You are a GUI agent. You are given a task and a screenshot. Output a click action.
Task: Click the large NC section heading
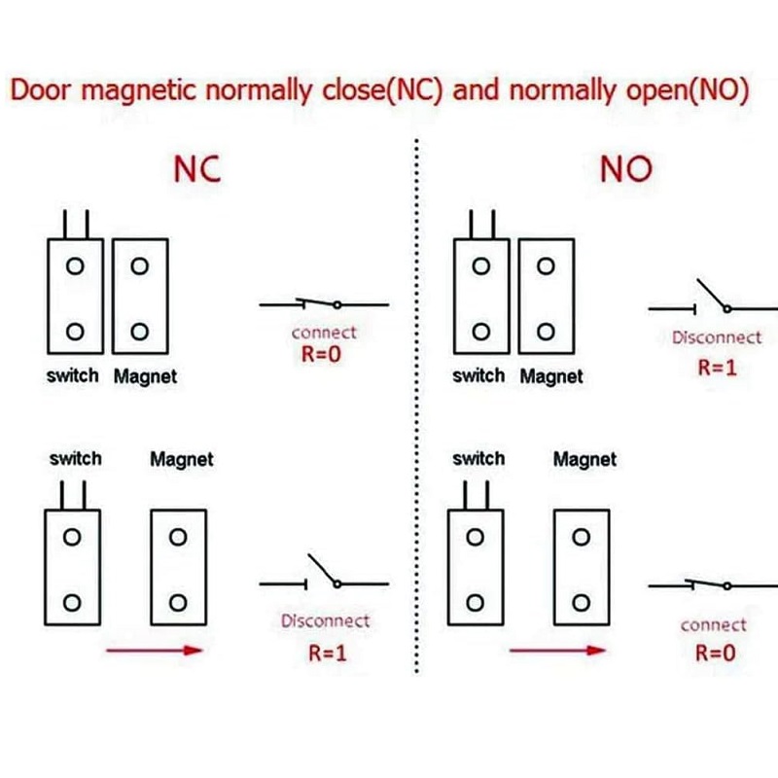coord(196,167)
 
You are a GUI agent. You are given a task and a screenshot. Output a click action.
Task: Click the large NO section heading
coord(624,169)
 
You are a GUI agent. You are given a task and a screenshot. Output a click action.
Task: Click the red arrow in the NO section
coord(556,651)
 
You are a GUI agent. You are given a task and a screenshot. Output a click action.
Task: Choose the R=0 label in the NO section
coord(715,652)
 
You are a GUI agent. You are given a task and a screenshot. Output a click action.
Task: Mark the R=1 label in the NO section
coord(717,367)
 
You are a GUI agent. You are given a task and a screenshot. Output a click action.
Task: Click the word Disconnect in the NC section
coord(325,620)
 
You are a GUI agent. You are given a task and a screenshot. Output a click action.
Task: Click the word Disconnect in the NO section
coord(717,337)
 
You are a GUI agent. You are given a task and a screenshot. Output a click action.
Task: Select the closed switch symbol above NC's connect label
coord(324,303)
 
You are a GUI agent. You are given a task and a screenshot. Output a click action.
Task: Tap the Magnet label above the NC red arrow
coord(181,459)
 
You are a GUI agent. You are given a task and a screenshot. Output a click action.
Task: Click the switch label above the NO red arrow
coord(478,458)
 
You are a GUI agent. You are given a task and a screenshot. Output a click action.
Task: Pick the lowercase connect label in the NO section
coord(714,624)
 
